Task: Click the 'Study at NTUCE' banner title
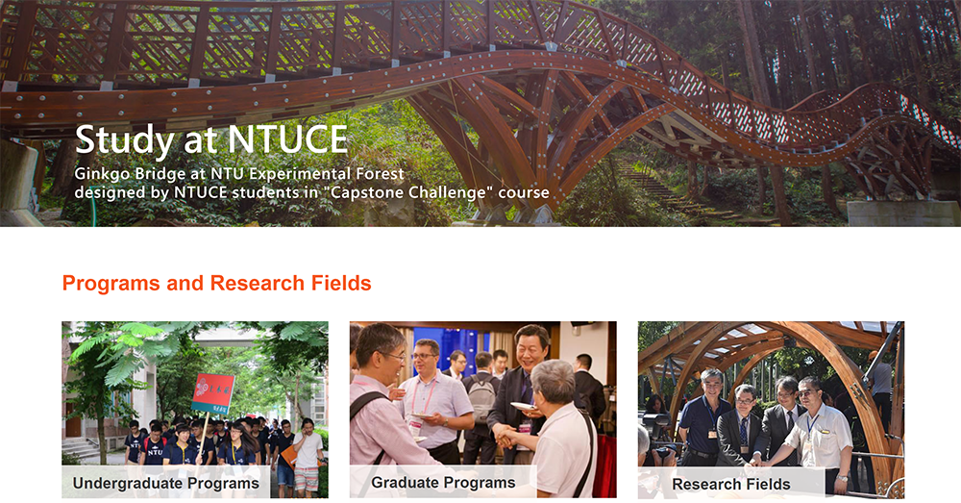211,139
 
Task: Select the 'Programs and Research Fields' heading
217,283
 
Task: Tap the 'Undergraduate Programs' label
166,484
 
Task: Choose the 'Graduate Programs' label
443,483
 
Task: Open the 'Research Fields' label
731,484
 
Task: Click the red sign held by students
213,393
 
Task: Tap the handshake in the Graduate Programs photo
506,437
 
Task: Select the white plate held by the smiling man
523,406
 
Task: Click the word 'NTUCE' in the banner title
288,139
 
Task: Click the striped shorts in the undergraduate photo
307,479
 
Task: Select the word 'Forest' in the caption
379,174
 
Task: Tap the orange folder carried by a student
288,456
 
